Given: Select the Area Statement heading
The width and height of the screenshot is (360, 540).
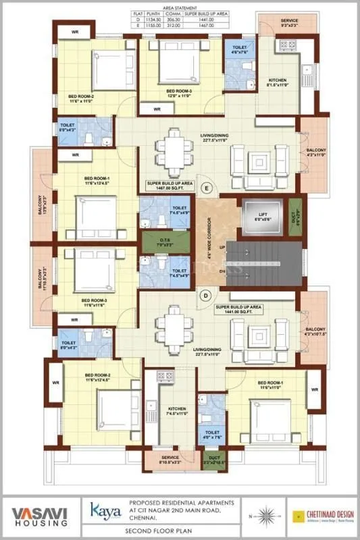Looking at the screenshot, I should [x=180, y=5].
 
